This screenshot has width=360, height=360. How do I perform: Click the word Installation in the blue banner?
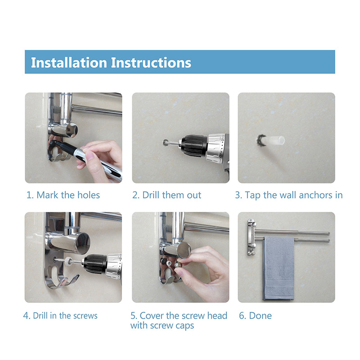click(69, 63)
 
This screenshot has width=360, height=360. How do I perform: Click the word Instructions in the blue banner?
click(151, 63)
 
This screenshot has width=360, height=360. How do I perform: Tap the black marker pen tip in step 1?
click(52, 143)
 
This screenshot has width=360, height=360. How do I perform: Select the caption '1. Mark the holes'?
click(63, 195)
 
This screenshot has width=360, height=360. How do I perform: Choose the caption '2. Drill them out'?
click(166, 195)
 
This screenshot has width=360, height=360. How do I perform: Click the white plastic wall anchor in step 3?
click(273, 140)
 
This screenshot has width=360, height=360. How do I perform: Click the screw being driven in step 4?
click(60, 260)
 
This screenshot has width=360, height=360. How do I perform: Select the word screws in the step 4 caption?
click(85, 316)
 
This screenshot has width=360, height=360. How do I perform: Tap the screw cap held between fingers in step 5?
click(178, 265)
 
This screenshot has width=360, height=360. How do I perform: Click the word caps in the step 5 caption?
click(185, 326)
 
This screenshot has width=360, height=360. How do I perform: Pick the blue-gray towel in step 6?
click(279, 268)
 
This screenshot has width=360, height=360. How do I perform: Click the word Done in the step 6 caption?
click(261, 316)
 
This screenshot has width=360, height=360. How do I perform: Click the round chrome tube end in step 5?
click(184, 250)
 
